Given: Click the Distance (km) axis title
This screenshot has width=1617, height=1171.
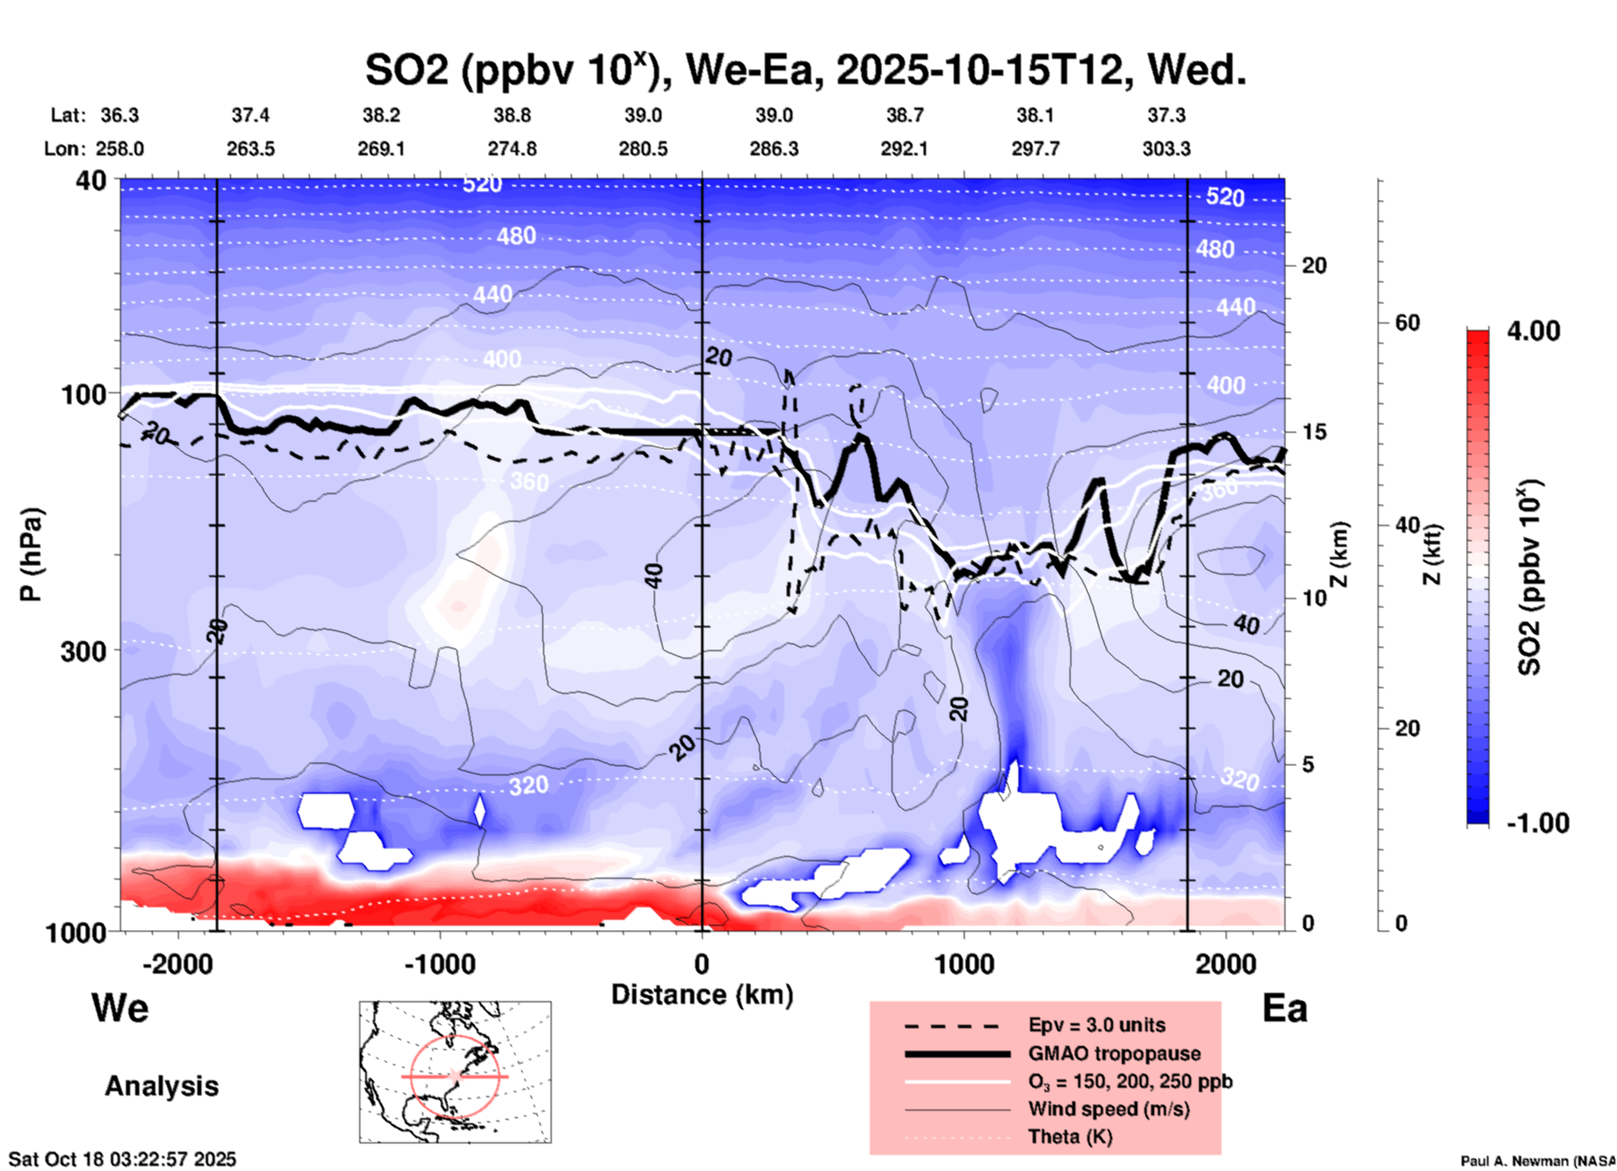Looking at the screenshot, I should [702, 995].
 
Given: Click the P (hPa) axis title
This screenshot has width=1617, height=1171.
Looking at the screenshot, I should [31, 554].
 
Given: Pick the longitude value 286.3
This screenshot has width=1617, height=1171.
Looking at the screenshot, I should [773, 149].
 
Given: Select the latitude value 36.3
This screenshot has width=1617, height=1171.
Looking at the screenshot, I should [119, 115].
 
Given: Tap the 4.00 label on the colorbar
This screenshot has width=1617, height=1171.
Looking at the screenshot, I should [1533, 330].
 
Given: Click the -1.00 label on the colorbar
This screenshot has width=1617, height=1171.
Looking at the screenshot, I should [1537, 823].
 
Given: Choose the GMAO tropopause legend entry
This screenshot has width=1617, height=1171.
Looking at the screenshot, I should [1114, 1053].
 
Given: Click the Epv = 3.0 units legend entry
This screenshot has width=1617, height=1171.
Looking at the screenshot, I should [1096, 1025].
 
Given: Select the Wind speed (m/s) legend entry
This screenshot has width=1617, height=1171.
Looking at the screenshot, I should [1108, 1109].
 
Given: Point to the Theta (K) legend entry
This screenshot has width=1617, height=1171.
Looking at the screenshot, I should [1070, 1137].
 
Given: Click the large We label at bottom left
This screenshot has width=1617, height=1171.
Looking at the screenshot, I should [120, 1007].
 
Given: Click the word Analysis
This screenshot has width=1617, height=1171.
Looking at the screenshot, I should [161, 1085].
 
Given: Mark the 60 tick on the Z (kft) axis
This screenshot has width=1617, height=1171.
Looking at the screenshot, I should [1407, 323].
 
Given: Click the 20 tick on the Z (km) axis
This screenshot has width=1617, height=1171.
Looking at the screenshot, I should [1314, 265].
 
